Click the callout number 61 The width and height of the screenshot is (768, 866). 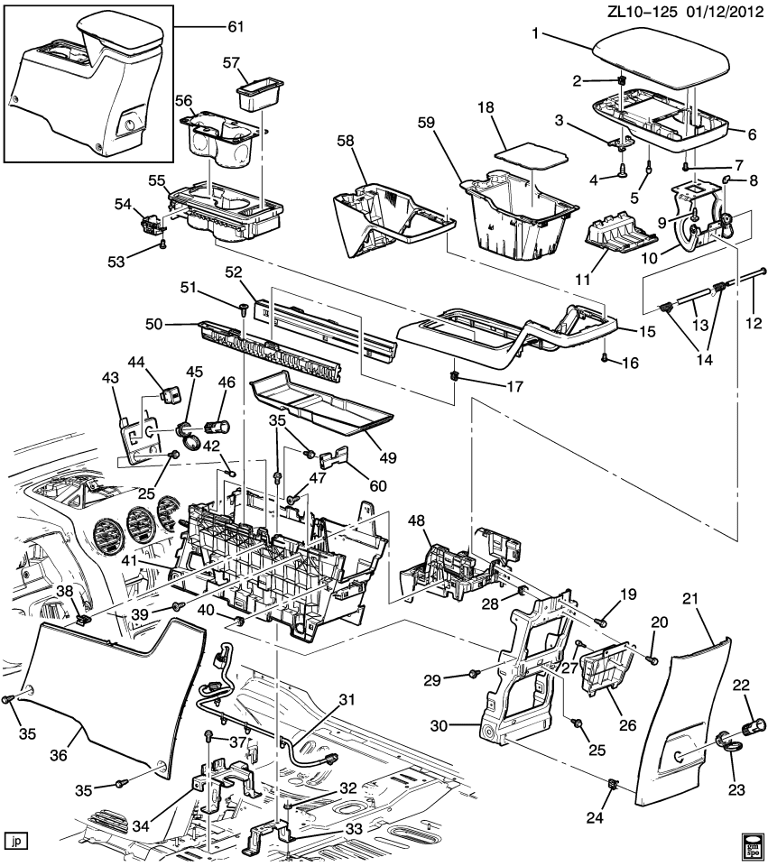click(236, 27)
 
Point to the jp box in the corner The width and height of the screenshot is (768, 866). click(15, 841)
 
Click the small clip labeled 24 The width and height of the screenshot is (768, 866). click(614, 783)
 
